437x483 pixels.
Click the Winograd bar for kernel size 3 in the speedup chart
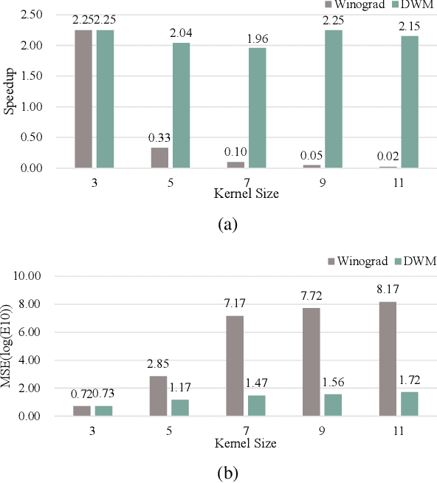coord(83,99)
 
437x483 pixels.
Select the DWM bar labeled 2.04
coord(181,105)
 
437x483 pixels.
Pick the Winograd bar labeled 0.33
coord(159,157)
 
